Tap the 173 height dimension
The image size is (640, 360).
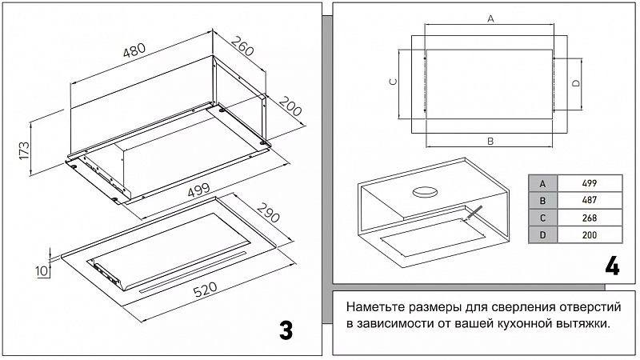click(23, 150)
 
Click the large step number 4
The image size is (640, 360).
click(612, 266)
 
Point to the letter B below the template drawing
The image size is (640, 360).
click(490, 141)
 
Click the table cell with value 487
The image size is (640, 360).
click(590, 200)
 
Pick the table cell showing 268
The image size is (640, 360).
click(590, 218)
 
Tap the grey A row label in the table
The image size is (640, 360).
click(543, 182)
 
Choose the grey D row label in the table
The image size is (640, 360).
click(543, 235)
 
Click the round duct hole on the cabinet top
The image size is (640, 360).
click(424, 191)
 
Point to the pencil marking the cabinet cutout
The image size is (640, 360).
click(473, 212)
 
